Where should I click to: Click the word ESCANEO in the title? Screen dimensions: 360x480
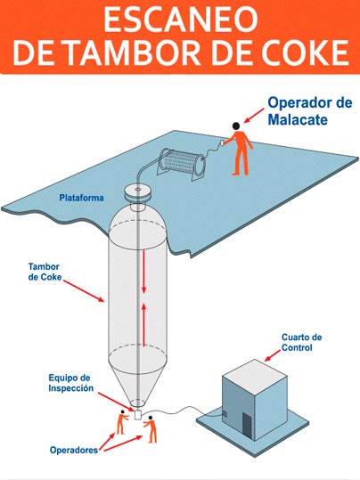181,20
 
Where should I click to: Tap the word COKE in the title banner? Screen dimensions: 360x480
305,53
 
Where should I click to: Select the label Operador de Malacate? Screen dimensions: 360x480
310,110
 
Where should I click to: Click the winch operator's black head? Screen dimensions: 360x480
236,126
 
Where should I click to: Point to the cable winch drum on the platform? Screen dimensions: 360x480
182,163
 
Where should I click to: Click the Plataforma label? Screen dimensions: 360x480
81,198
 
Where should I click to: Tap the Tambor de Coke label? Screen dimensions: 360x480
45,272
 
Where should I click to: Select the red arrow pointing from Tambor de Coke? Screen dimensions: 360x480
84,291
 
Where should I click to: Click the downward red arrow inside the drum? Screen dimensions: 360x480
143,272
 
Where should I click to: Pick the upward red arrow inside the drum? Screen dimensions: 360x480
143,324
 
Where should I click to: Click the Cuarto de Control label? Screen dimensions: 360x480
301,342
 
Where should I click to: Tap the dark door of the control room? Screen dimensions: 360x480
246,425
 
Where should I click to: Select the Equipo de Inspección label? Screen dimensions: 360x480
70,383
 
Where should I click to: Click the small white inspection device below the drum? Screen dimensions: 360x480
138,414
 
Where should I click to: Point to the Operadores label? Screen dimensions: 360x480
74,450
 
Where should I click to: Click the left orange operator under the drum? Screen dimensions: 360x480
121,422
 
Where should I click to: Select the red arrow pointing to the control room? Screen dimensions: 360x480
273,355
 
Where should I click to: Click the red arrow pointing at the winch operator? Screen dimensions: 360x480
254,116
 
